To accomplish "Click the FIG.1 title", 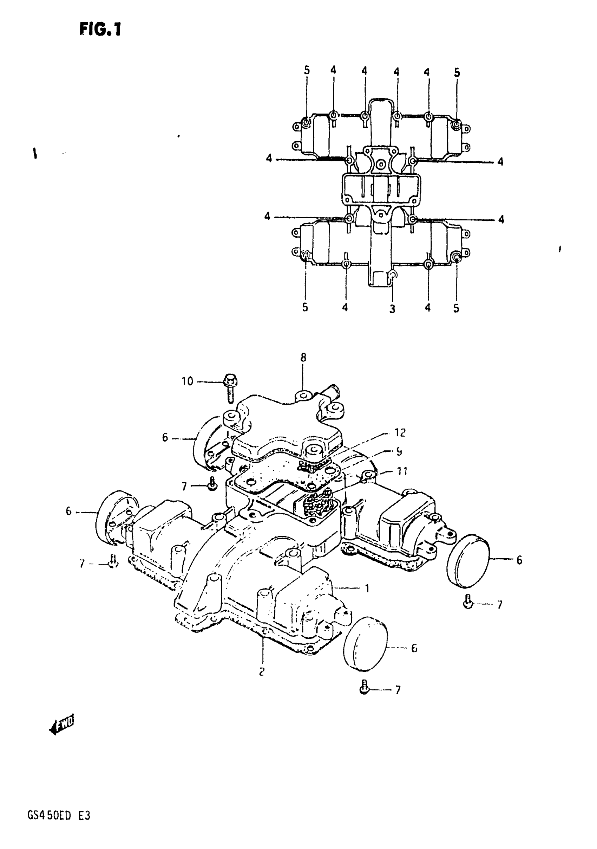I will click(x=100, y=29).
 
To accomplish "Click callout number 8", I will click(x=303, y=358).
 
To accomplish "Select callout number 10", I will click(x=187, y=381).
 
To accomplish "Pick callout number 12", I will click(x=400, y=433).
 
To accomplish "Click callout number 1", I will click(x=367, y=588).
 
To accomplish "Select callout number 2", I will click(x=262, y=672).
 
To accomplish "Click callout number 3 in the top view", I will click(x=392, y=309).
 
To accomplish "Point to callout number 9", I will click(x=399, y=452).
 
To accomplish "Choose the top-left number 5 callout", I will click(x=307, y=71).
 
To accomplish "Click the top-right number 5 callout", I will click(x=457, y=73).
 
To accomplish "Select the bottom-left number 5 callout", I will click(x=305, y=307).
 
